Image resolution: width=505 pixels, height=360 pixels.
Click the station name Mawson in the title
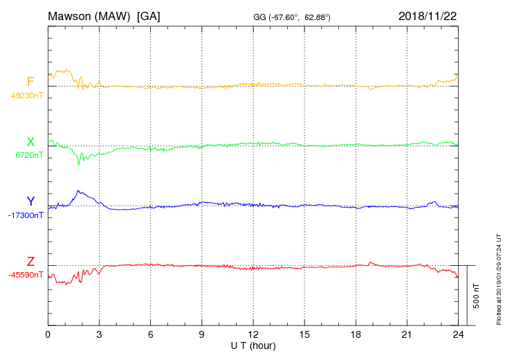click(x=71, y=16)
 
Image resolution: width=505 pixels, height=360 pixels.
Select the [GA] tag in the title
click(x=149, y=16)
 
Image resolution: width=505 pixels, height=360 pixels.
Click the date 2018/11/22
click(x=428, y=16)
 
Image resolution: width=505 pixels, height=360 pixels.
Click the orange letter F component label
click(x=30, y=82)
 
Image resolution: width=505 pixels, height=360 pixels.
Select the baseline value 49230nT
click(x=27, y=96)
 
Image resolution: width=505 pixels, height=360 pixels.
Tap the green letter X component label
click(x=30, y=142)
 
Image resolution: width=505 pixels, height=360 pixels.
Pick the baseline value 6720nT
click(x=29, y=155)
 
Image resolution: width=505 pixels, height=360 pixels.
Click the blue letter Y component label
click(x=30, y=201)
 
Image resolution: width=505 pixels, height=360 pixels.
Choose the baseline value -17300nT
click(x=26, y=215)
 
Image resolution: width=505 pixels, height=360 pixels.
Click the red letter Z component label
click(x=30, y=262)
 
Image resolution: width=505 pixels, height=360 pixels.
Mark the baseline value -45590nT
click(x=26, y=275)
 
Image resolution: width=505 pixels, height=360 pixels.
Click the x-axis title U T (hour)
click(x=253, y=345)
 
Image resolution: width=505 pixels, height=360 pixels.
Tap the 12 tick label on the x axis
click(x=253, y=334)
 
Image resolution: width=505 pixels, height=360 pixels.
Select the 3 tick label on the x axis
click(x=99, y=334)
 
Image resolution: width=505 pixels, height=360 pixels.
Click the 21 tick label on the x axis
click(x=407, y=334)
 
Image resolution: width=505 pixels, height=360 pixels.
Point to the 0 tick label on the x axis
click(x=48, y=334)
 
